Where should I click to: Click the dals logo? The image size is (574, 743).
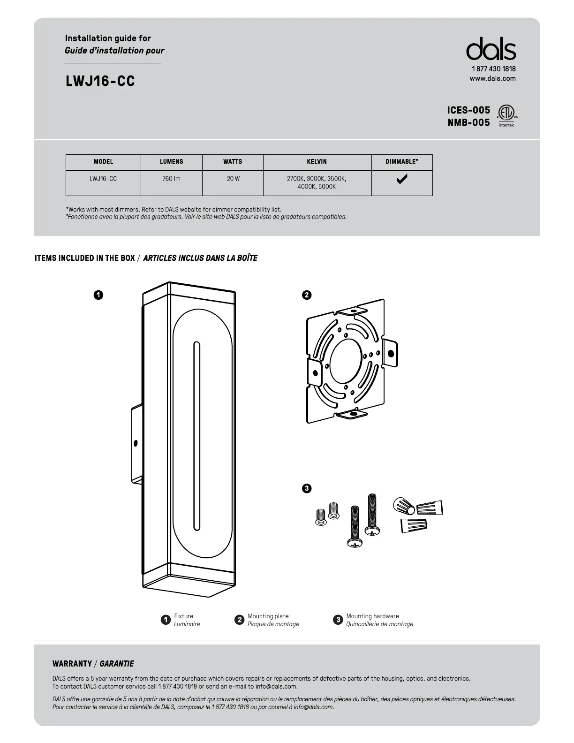pos(491,49)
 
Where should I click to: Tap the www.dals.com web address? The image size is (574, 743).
pos(492,78)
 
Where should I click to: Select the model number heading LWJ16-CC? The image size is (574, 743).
pos(100,81)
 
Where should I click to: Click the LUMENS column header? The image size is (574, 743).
pos(171,161)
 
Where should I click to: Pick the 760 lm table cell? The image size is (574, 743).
pos(171,179)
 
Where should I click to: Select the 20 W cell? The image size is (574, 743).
pos(233,179)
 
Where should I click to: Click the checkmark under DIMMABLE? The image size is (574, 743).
pos(402,179)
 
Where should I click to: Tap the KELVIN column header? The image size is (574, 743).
pos(317,161)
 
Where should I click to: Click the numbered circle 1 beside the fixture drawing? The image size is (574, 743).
pos(98,295)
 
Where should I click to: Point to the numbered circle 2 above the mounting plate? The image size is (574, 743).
pos(306,295)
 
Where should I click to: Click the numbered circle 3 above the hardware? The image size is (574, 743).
pos(306,488)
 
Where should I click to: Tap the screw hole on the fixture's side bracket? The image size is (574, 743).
pos(136,443)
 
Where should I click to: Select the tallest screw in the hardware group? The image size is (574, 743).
pos(372,515)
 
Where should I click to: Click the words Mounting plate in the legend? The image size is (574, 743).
pos(268,616)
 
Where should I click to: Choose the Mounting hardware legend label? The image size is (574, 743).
pos(372,616)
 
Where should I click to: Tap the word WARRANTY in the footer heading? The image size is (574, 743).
pos(72,664)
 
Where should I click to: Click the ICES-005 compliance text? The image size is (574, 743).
pos(468,110)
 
